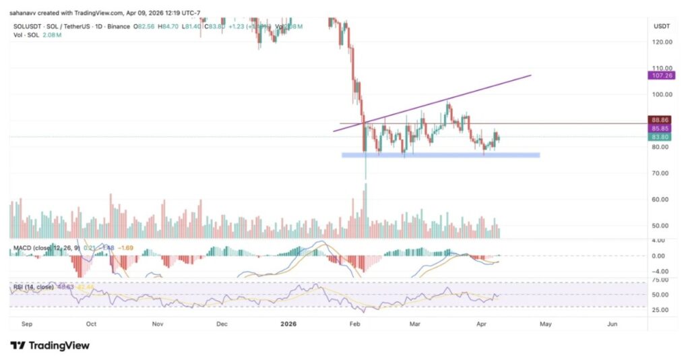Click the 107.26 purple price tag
coord(660,76)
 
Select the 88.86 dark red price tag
coord(660,119)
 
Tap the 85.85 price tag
coord(660,128)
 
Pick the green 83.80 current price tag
coord(660,137)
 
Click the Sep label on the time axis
coord(26,324)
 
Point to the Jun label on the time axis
coord(612,324)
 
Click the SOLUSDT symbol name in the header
coord(26,26)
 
